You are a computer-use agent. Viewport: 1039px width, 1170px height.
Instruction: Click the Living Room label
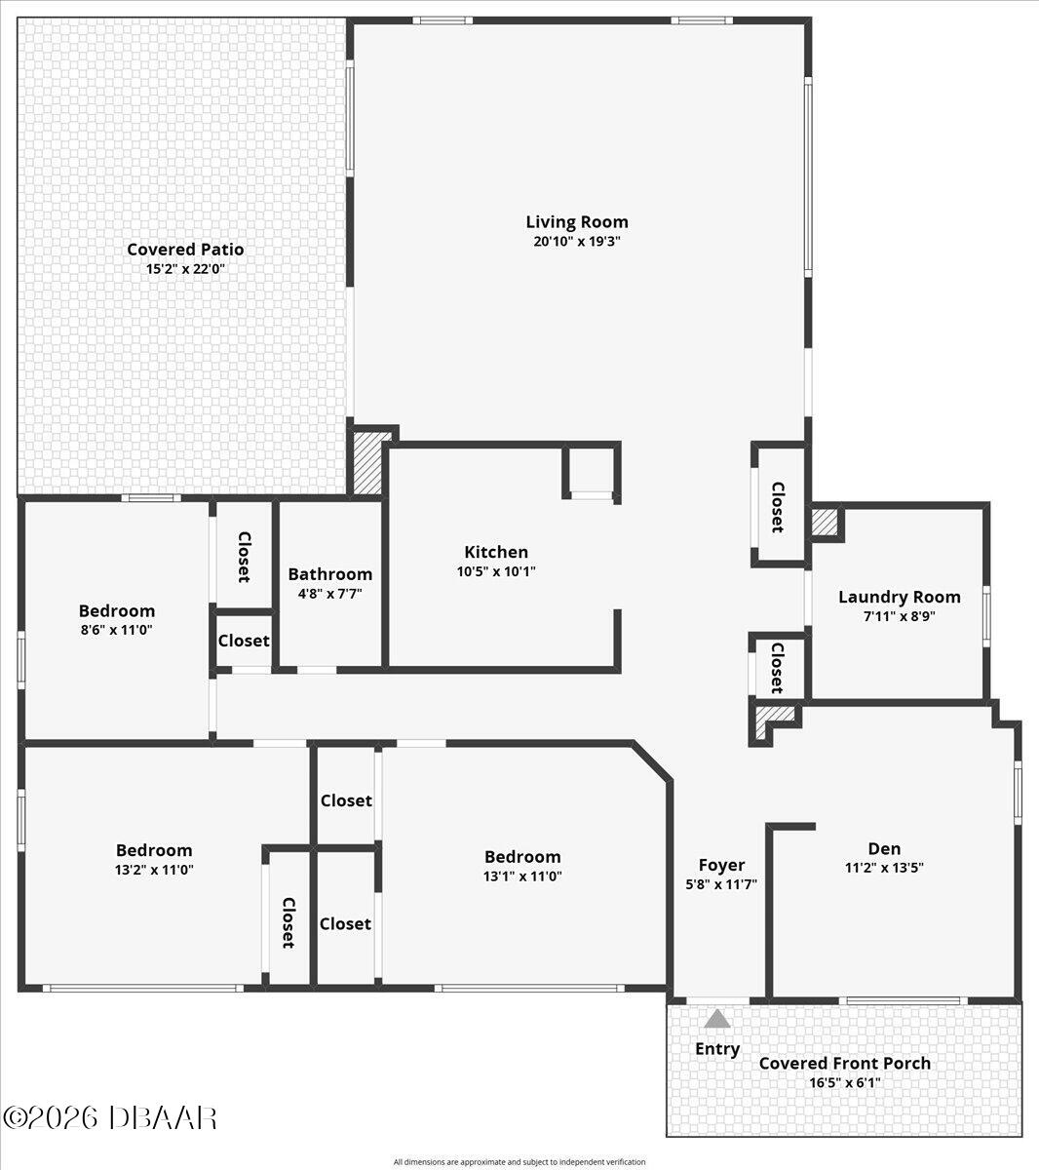tap(577, 221)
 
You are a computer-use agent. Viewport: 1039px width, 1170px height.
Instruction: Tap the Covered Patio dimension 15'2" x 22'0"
tap(185, 269)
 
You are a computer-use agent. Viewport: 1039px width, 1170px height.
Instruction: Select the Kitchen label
tap(496, 552)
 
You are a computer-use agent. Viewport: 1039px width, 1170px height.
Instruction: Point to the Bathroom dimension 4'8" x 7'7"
tap(329, 593)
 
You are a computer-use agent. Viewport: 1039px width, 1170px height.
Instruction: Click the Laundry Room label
tap(899, 597)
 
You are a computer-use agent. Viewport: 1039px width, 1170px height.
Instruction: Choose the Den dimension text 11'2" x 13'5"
tap(884, 867)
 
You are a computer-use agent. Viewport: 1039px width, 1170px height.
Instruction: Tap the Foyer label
tap(721, 865)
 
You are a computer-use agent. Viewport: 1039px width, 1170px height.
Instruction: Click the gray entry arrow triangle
tap(717, 1019)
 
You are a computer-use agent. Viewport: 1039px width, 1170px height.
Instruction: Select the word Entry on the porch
tap(717, 1049)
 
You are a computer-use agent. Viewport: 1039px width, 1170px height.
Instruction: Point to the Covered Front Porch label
tap(844, 1063)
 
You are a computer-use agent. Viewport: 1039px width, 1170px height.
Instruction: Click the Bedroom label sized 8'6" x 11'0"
tap(117, 611)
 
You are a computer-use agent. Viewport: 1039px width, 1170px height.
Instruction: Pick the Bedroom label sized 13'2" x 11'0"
tap(154, 850)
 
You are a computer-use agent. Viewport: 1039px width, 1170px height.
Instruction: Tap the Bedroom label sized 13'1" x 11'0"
tap(522, 857)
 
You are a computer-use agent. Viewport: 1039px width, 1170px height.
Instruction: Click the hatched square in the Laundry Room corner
tap(826, 522)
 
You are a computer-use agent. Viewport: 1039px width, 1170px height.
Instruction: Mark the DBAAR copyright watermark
tap(109, 1117)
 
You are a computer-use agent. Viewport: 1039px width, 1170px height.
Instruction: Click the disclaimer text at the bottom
tap(519, 1161)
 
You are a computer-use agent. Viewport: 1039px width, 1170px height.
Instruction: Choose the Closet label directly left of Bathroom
tap(245, 556)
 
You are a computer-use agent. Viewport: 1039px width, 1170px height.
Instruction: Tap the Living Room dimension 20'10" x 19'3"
tap(577, 242)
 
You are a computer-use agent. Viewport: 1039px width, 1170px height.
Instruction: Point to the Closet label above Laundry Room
tap(777, 506)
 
